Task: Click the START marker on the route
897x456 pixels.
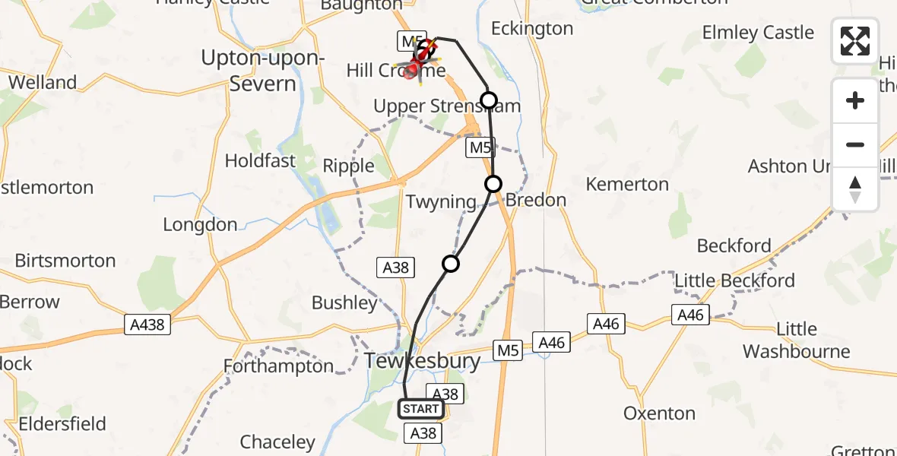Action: pyautogui.click(x=420, y=409)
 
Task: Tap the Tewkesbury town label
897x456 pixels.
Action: pyautogui.click(x=422, y=361)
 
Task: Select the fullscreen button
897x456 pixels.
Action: pyautogui.click(x=855, y=41)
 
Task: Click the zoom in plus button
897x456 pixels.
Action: pyautogui.click(x=855, y=100)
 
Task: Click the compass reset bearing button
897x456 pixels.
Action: pyautogui.click(x=855, y=189)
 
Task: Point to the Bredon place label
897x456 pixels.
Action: pyautogui.click(x=536, y=201)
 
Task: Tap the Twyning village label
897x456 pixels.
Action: pyautogui.click(x=441, y=202)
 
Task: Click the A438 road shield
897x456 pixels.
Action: pyautogui.click(x=147, y=325)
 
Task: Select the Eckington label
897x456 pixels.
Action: pyautogui.click(x=532, y=29)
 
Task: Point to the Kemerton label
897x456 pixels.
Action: pyautogui.click(x=628, y=184)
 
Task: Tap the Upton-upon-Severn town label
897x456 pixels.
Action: pyautogui.click(x=262, y=70)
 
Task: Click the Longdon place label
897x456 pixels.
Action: pyautogui.click(x=200, y=225)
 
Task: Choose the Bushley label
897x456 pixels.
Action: pyautogui.click(x=344, y=302)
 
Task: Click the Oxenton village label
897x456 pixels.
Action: pyautogui.click(x=659, y=413)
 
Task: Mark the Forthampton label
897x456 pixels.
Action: pyautogui.click(x=278, y=366)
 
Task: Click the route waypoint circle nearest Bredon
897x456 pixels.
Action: pyautogui.click(x=493, y=184)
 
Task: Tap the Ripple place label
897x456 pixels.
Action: pyautogui.click(x=349, y=166)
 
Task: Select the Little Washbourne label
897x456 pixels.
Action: pyautogui.click(x=797, y=340)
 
